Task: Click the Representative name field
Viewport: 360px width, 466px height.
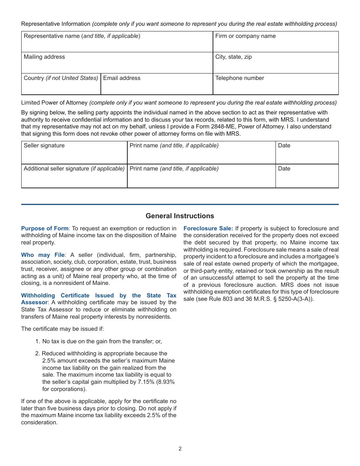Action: pos(117,42)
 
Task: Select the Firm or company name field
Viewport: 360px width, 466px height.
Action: pos(275,42)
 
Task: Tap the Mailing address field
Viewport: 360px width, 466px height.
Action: pos(117,63)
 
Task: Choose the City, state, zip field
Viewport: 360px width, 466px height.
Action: pos(275,63)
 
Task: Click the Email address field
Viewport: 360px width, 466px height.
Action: pos(157,84)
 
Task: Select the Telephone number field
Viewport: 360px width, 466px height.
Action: pos(275,84)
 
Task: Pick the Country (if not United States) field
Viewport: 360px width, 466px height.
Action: pos(61,84)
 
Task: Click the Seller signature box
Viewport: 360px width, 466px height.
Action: pos(74,153)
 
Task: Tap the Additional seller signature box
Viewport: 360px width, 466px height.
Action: pos(74,177)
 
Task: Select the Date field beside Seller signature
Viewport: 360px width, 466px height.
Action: pos(307,153)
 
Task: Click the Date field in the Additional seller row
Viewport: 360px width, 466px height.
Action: pos(307,177)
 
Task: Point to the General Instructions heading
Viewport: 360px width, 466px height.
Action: pos(180,216)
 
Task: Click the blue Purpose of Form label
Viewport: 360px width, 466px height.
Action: pos(45,228)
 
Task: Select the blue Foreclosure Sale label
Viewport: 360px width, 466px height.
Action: pos(208,228)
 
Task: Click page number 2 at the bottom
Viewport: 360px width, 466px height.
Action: pos(180,449)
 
